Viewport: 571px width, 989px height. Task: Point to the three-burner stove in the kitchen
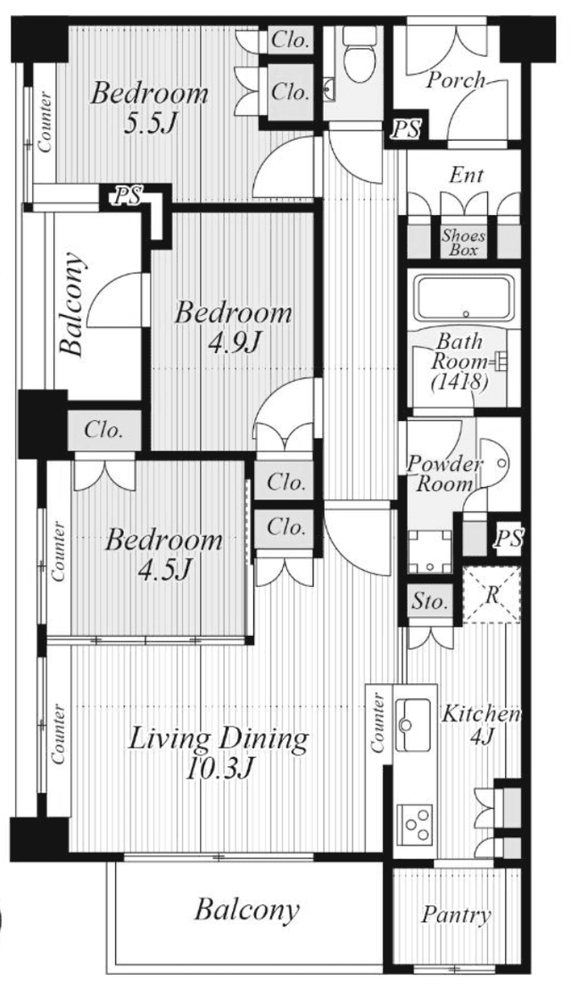click(x=415, y=825)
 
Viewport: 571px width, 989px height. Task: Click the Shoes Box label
click(x=464, y=243)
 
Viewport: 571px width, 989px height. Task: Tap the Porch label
click(x=456, y=80)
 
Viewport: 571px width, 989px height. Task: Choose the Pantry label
click(x=456, y=915)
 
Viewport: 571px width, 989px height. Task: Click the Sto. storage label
click(x=430, y=601)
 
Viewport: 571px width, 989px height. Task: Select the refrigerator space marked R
click(x=492, y=595)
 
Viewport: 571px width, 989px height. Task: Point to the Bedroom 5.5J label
click(x=149, y=109)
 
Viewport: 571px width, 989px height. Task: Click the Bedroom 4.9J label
click(x=234, y=328)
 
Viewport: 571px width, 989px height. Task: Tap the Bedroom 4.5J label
click(x=163, y=555)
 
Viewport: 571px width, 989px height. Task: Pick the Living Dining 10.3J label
click(x=219, y=753)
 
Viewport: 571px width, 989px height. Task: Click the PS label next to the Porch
click(x=405, y=130)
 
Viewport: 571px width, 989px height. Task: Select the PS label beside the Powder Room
click(x=508, y=538)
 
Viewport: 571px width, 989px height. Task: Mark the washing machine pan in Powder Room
click(x=430, y=551)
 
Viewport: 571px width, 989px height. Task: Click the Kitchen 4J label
click(x=481, y=725)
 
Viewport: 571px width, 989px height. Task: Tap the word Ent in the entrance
click(x=467, y=175)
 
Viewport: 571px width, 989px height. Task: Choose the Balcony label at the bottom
click(x=246, y=909)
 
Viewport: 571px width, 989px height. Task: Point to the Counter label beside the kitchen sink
click(x=377, y=722)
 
